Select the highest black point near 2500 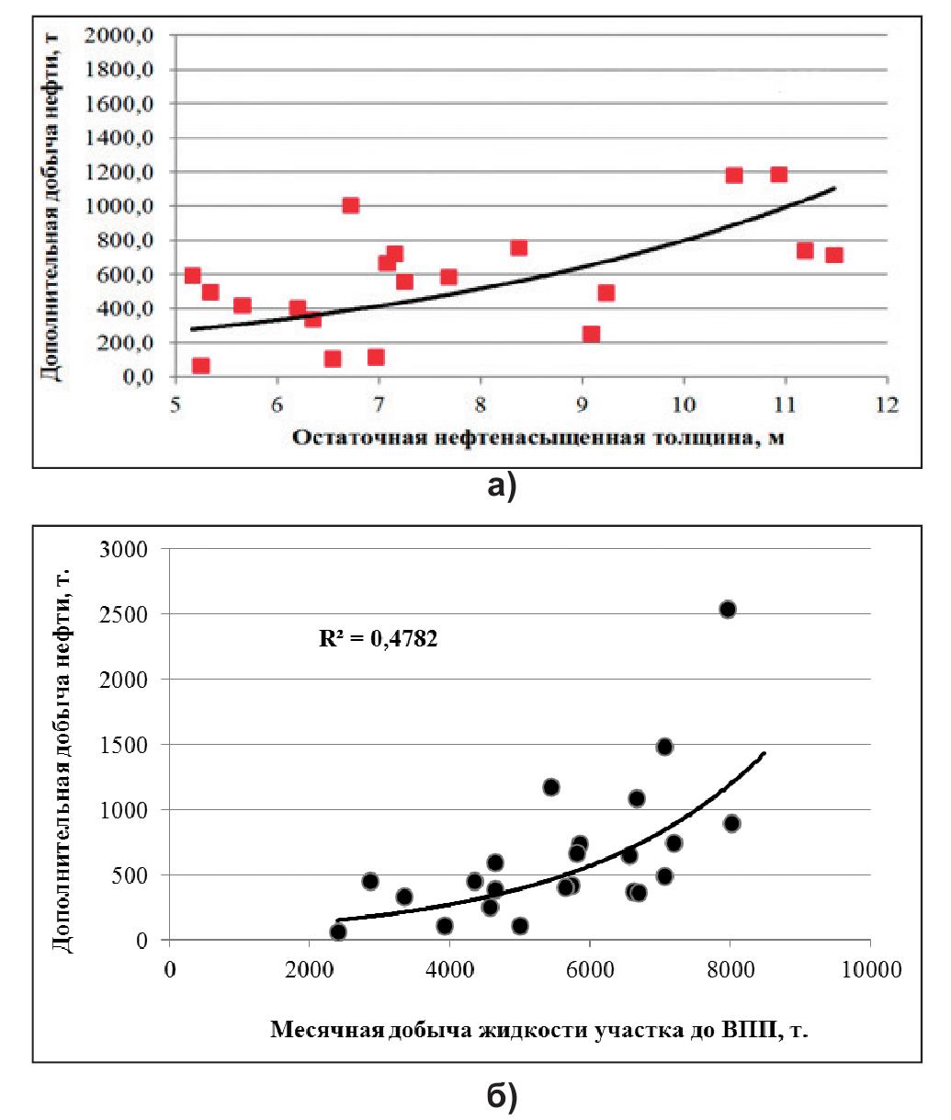(x=728, y=609)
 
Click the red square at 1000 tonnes (x=350, y=205)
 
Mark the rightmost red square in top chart (x=834, y=255)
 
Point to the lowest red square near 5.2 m (x=200, y=366)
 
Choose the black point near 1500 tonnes (x=664, y=747)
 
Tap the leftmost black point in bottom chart (x=338, y=931)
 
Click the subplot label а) (x=501, y=487)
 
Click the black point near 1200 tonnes (x=551, y=786)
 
